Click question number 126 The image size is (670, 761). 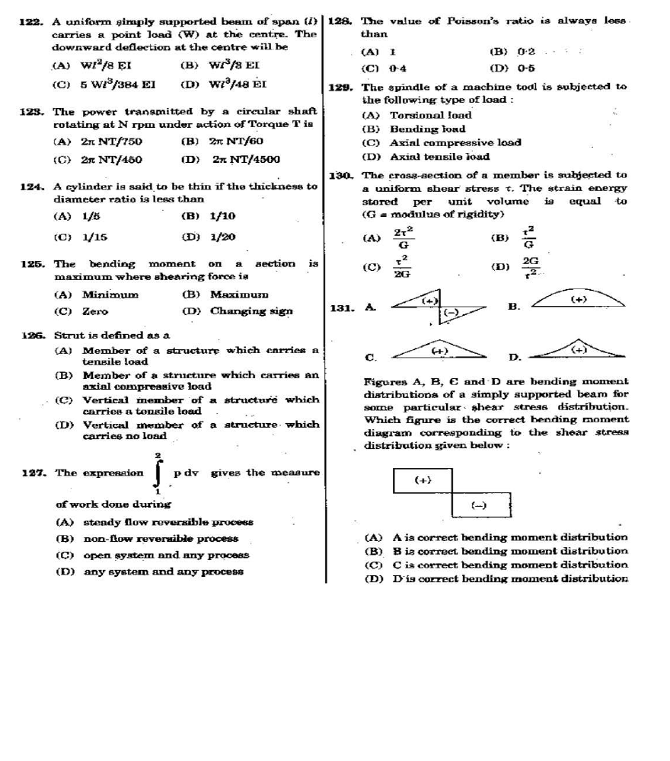point(32,335)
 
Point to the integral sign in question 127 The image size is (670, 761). point(158,473)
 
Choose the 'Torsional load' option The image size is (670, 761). point(431,116)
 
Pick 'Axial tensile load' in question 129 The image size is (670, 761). point(439,157)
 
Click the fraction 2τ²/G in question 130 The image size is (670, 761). point(404,237)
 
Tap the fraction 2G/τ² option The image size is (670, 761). point(531,266)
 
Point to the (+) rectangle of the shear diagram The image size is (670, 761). point(423,480)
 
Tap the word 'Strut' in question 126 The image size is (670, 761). point(69,335)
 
